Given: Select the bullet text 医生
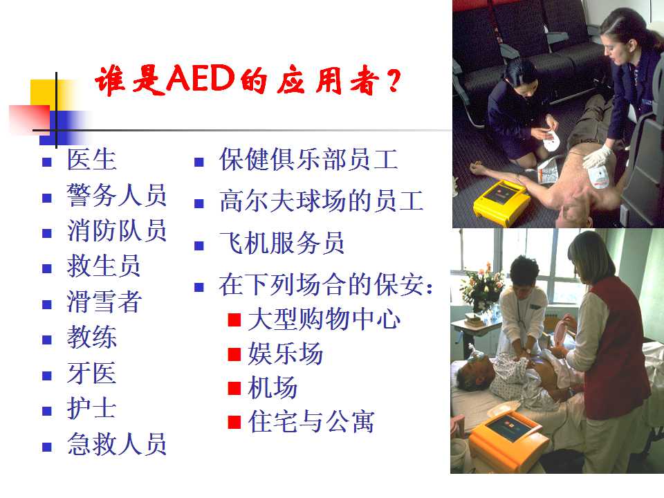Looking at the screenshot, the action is tap(91, 160).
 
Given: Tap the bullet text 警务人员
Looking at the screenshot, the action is tap(116, 195).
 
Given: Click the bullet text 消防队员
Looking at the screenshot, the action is tap(116, 231).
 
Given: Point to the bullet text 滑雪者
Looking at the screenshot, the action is tap(104, 302).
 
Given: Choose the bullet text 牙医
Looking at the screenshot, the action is tap(91, 373).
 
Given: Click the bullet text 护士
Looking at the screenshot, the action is tap(91, 409).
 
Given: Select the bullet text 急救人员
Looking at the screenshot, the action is tap(116, 444).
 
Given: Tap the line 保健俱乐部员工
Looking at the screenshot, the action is tap(308, 160).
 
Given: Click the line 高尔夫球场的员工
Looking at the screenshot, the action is tap(321, 201).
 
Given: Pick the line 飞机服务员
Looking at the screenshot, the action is tap(282, 243).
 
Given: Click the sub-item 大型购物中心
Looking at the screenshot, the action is tap(324, 320).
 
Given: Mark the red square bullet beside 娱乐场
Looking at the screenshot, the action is tap(234, 354).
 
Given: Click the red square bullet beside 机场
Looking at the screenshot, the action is tap(234, 388).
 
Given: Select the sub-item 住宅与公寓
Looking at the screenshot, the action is tap(311, 422).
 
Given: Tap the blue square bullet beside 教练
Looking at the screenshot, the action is tap(46, 340).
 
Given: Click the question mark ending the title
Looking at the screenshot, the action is tap(394, 82).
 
